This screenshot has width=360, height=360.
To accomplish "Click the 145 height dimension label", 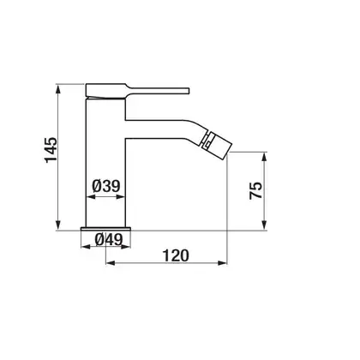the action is pyautogui.click(x=51, y=150).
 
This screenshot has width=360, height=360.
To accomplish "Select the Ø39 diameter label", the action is pyautogui.click(x=106, y=186).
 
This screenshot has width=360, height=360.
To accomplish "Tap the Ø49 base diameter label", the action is pyautogui.click(x=109, y=239).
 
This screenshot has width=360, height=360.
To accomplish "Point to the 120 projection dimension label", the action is pyautogui.click(x=176, y=255).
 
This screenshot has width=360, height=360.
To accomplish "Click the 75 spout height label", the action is pyautogui.click(x=255, y=190).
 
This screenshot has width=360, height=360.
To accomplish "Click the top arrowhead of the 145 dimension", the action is pyautogui.click(x=58, y=88).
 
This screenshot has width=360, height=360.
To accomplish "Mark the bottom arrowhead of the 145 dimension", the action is pyautogui.click(x=58, y=225).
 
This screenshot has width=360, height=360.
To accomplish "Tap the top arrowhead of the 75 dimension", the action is pyautogui.click(x=265, y=157).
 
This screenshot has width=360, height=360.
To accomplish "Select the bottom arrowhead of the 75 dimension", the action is pyautogui.click(x=265, y=225).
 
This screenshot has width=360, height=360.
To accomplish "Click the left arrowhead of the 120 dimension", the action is pyautogui.click(x=111, y=263).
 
